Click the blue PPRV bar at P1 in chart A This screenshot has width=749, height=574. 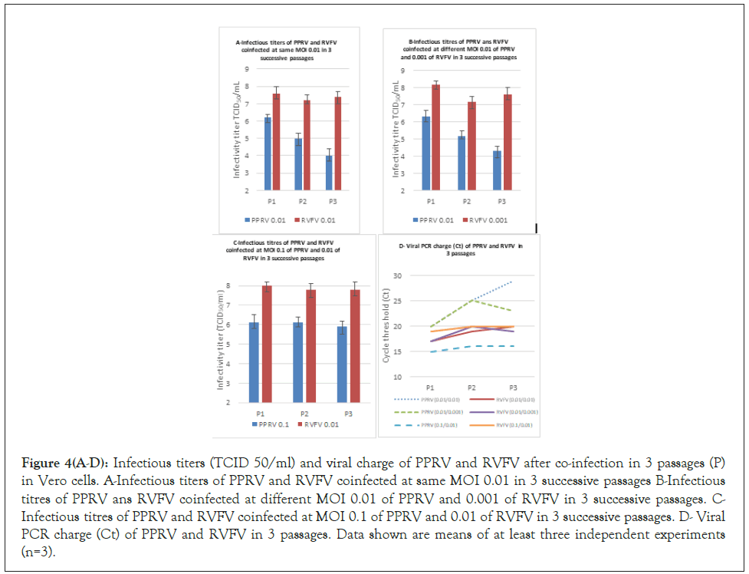[268, 153]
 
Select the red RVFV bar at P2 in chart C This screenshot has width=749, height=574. [311, 345]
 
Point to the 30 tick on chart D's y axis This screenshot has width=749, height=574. [397, 275]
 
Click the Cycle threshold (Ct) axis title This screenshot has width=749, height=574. [386, 326]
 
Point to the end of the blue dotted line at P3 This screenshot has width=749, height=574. [511, 282]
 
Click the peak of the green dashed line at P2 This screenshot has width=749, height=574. [475, 300]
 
